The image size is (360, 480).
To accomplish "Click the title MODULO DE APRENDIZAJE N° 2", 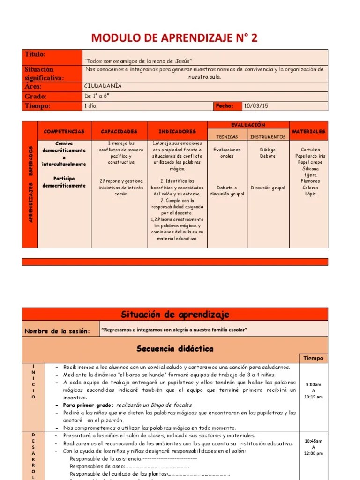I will [174, 38].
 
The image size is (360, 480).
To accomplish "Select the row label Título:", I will [35, 55].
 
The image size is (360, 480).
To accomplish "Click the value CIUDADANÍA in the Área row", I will [103, 86].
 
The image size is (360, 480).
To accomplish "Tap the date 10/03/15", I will [256, 106].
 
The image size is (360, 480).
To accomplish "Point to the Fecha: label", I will [224, 106].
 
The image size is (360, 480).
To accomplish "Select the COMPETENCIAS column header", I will [64, 132].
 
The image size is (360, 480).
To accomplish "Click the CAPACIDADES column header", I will [119, 132].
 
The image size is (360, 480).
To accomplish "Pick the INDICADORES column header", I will [177, 132].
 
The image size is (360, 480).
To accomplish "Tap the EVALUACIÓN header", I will [248, 125].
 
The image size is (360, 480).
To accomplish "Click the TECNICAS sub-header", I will [226, 137].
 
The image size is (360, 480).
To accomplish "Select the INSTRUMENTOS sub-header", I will [268, 137].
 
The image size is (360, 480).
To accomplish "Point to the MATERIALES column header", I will [308, 132].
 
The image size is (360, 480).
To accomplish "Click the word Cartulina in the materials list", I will [310, 150].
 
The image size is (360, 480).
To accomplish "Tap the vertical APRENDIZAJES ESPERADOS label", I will [30, 184].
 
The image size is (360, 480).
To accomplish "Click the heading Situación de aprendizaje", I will [175, 314].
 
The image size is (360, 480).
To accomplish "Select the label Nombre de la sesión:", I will [57, 331].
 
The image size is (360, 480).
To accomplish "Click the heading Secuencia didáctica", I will [175, 349].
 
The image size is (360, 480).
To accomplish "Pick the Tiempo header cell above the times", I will [313, 358].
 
